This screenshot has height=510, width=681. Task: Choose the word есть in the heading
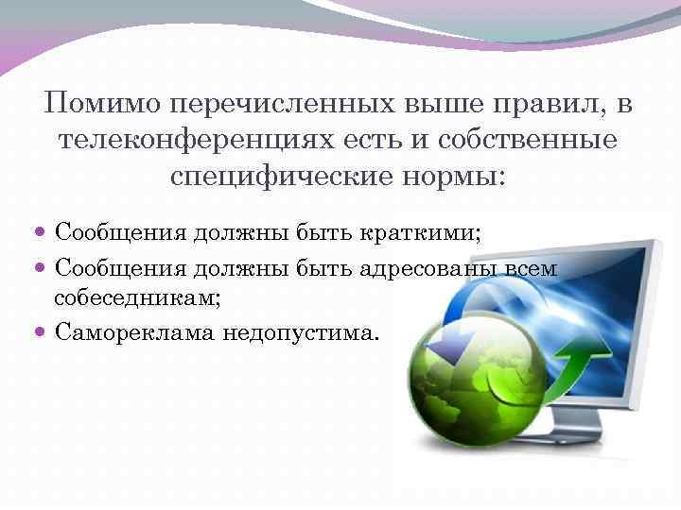pos(350,140)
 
